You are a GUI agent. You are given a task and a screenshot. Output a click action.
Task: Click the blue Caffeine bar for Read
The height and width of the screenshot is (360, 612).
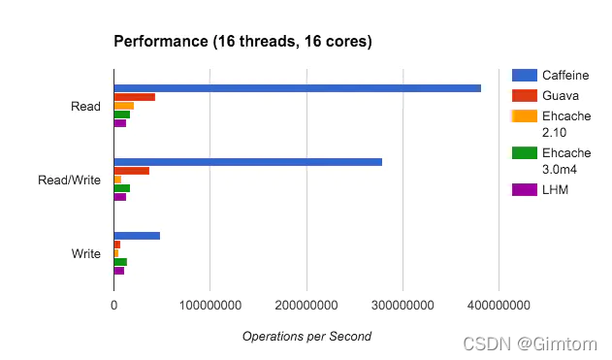(298, 88)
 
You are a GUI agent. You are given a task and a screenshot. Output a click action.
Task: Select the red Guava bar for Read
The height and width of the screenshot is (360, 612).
(135, 97)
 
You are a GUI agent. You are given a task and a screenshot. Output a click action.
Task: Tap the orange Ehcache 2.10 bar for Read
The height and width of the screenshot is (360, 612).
(124, 106)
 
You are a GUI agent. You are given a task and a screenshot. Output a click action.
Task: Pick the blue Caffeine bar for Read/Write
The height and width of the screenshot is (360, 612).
(248, 162)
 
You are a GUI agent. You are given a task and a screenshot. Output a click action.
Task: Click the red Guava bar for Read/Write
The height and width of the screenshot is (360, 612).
(132, 171)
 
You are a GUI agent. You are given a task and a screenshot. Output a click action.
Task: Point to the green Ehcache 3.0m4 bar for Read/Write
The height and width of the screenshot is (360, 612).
(122, 188)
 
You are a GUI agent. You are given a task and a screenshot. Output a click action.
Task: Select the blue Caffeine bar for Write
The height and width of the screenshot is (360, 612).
(137, 236)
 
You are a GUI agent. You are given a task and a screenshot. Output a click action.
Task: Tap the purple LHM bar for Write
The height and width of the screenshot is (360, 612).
(119, 271)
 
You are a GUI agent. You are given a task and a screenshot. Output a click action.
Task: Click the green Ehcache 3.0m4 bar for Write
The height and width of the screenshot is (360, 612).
(120, 262)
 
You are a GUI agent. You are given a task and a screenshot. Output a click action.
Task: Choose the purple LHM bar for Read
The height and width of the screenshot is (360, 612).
(120, 123)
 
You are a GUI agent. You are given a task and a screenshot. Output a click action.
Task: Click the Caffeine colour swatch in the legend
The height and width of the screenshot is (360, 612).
(525, 75)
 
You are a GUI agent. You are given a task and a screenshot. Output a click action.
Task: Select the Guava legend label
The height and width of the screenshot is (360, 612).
(561, 96)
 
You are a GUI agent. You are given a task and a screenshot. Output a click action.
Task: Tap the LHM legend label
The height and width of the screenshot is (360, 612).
(555, 190)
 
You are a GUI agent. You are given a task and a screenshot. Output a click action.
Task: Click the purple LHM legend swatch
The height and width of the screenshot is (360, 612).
(525, 190)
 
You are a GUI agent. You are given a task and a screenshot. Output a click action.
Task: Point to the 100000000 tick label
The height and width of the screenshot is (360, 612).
(210, 305)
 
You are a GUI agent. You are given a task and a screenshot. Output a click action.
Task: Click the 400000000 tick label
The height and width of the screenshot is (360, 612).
(499, 305)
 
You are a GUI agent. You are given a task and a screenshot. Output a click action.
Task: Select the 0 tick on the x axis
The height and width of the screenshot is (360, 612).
(114, 305)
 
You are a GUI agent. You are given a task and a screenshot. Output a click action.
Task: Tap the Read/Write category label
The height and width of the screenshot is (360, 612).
(69, 180)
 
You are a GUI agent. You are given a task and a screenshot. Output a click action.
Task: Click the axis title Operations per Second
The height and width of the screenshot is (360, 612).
(306, 336)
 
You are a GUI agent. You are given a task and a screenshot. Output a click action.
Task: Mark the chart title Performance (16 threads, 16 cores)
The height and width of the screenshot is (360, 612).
(242, 42)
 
